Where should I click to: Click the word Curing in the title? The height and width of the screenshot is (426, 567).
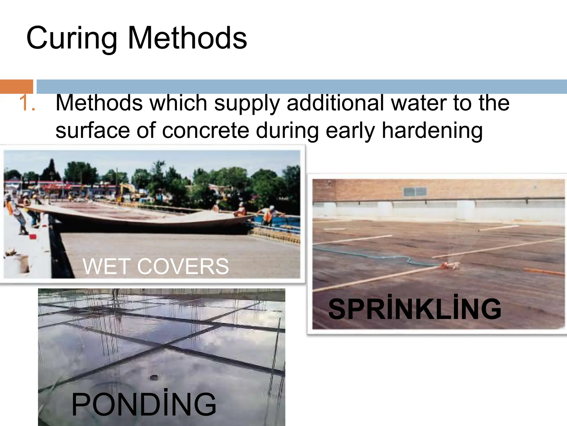[71, 38]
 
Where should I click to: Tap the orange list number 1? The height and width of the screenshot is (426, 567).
[27, 103]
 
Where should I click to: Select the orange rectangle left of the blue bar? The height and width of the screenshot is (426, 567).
[16, 87]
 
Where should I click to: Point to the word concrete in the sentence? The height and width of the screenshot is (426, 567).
[205, 131]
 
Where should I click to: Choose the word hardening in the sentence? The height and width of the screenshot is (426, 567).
[432, 131]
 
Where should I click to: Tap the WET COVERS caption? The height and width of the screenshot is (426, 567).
[156, 266]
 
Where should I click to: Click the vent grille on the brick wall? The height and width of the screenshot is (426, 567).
[415, 191]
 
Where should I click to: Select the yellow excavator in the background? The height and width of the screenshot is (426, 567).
[128, 190]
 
